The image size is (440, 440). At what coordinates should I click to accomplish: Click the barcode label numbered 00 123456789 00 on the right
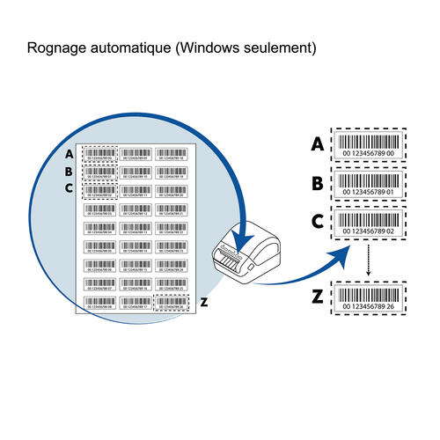pos(368,143)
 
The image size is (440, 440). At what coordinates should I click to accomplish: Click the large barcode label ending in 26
pos(368,297)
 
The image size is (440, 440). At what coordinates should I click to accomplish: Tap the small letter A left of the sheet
pos(69,154)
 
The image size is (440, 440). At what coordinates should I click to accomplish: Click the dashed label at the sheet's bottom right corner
pos(172,303)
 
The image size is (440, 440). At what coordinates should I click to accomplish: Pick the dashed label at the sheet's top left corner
pos(99,154)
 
